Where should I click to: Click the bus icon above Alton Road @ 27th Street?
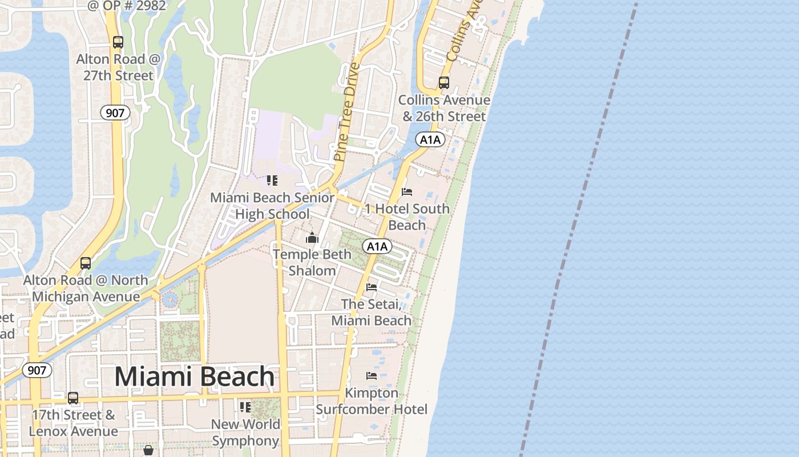click(118, 42)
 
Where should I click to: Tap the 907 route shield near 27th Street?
click(115, 113)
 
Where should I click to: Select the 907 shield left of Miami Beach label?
click(37, 370)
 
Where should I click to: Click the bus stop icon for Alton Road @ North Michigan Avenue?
click(86, 263)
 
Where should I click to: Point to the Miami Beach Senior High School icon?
click(272, 181)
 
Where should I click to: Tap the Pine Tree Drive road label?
click(347, 111)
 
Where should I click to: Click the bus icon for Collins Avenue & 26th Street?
click(444, 82)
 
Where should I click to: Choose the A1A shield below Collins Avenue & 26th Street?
click(430, 140)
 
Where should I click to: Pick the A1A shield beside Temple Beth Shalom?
click(377, 247)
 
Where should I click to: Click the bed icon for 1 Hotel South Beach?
click(407, 191)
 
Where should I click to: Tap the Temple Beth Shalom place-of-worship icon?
click(312, 238)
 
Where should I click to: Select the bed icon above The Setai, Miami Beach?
click(372, 287)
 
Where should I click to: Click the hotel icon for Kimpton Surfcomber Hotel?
click(372, 375)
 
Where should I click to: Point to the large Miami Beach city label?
click(195, 376)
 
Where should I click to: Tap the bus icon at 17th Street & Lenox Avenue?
click(73, 398)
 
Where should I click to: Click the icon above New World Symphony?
click(245, 407)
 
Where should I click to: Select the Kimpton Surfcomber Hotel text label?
click(372, 401)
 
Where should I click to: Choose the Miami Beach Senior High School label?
click(272, 206)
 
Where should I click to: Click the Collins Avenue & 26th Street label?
click(444, 108)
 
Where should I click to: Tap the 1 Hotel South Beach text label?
click(407, 217)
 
